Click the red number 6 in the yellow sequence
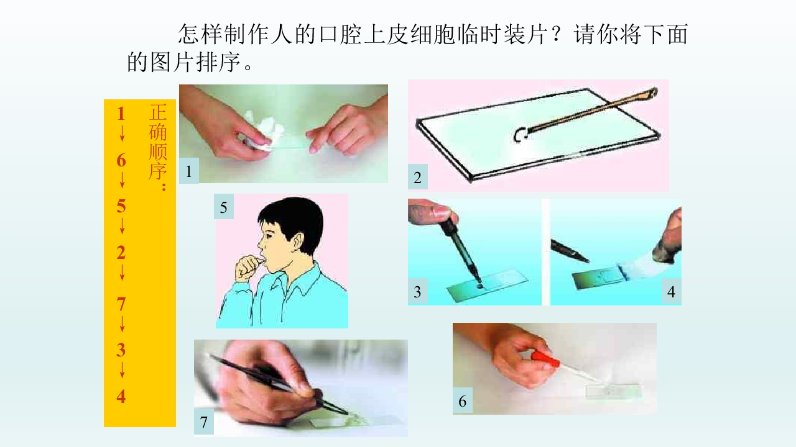coord(121,160)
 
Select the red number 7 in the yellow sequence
coord(121,304)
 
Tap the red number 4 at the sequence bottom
coord(121,396)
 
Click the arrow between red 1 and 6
coord(122,133)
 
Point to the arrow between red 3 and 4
coord(122,369)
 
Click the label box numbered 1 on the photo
coord(188,171)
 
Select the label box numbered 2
coord(417,177)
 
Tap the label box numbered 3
coord(417,292)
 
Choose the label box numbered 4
coord(671,292)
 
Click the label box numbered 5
coord(223,207)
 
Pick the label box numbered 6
coord(462,401)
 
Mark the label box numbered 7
coord(203,422)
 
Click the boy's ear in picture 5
coord(297,242)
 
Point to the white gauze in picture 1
coord(262,130)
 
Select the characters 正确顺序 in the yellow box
coord(158,142)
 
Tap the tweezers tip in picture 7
coord(347,413)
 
